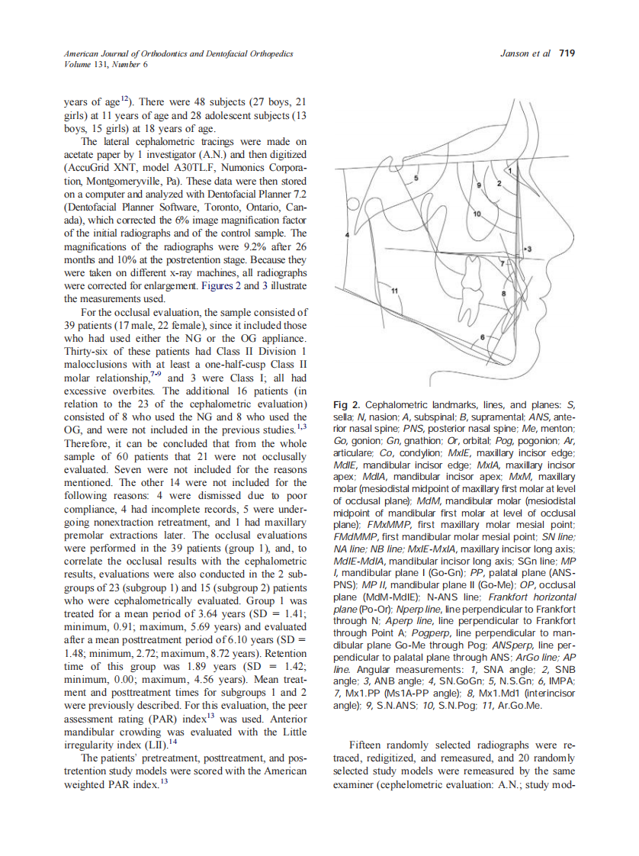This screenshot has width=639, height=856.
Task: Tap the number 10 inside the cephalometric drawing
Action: point(478,217)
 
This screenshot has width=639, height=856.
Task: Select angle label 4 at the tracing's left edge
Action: point(347,236)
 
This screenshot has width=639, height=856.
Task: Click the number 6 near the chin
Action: point(481,336)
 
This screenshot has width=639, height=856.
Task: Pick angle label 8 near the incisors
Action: point(504,293)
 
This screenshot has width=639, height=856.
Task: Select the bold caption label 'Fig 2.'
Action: point(347,404)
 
